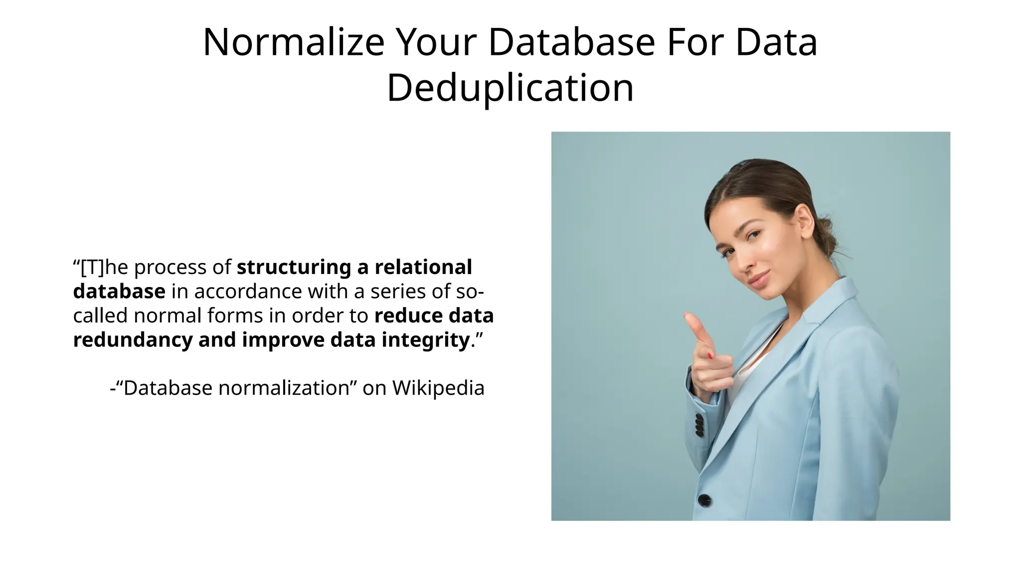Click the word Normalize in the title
(x=294, y=42)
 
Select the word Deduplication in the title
(x=510, y=88)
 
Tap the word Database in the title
(x=571, y=42)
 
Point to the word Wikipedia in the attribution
(x=438, y=388)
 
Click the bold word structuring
(x=294, y=268)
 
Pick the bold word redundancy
(x=133, y=340)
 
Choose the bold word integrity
(x=426, y=340)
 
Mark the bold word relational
(x=423, y=268)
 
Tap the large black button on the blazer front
(x=704, y=499)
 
